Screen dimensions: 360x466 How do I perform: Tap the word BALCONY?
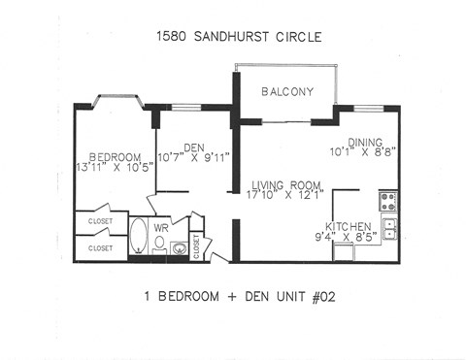click(x=286, y=92)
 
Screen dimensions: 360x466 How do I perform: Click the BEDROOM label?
click(x=115, y=157)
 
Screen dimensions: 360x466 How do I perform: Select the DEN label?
click(x=193, y=147)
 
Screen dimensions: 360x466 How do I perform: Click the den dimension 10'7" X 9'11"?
click(x=192, y=158)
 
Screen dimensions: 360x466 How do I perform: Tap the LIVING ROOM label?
click(x=286, y=184)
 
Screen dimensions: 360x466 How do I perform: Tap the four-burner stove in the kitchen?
click(x=387, y=200)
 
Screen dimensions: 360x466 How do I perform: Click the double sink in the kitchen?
click(x=388, y=229)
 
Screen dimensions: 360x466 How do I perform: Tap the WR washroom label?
click(x=164, y=227)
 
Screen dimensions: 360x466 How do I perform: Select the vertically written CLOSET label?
click(x=196, y=245)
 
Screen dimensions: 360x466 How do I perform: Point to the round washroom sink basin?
click(x=180, y=248)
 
